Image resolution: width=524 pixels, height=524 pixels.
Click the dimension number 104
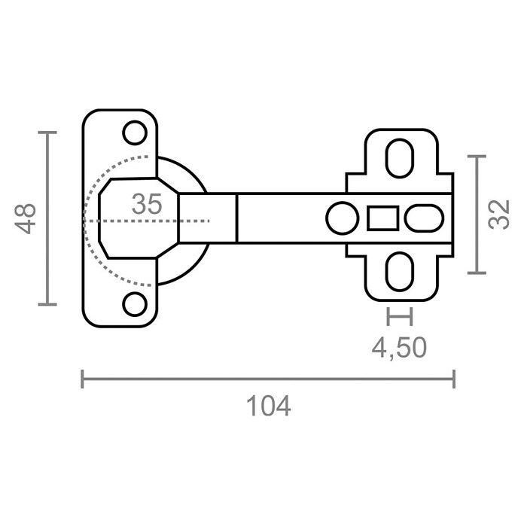pos(268,406)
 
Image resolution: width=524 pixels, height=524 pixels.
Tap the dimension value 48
pos(25,218)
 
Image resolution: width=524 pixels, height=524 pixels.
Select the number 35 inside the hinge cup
pos(147,204)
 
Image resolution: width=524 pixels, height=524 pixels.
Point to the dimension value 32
pos(498,215)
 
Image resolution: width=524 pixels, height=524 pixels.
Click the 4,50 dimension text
pos(399,348)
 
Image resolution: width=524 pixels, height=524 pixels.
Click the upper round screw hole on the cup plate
pos(135,133)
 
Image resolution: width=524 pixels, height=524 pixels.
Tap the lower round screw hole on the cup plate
pos(135,304)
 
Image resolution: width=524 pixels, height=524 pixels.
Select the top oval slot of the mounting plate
pos(400,158)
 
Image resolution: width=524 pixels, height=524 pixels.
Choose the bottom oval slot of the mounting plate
pos(400,272)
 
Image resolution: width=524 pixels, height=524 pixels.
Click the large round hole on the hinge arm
pos(343,218)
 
